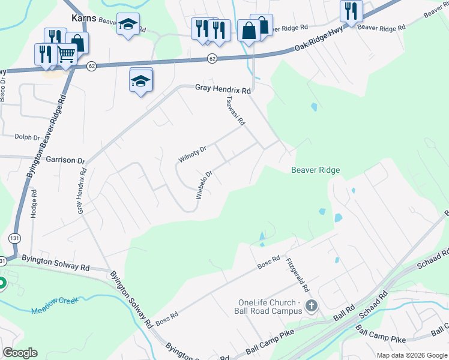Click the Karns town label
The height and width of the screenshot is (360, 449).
click(x=84, y=17)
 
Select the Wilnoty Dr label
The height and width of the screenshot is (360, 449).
click(x=192, y=154)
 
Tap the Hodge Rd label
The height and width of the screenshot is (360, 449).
click(x=34, y=204)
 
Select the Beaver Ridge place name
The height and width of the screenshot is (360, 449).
click(x=316, y=170)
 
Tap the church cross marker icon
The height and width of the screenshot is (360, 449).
click(x=311, y=306)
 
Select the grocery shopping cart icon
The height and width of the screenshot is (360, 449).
click(x=66, y=54)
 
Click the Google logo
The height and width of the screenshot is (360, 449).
click(x=20, y=353)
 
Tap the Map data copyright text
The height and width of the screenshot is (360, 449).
click(x=411, y=355)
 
